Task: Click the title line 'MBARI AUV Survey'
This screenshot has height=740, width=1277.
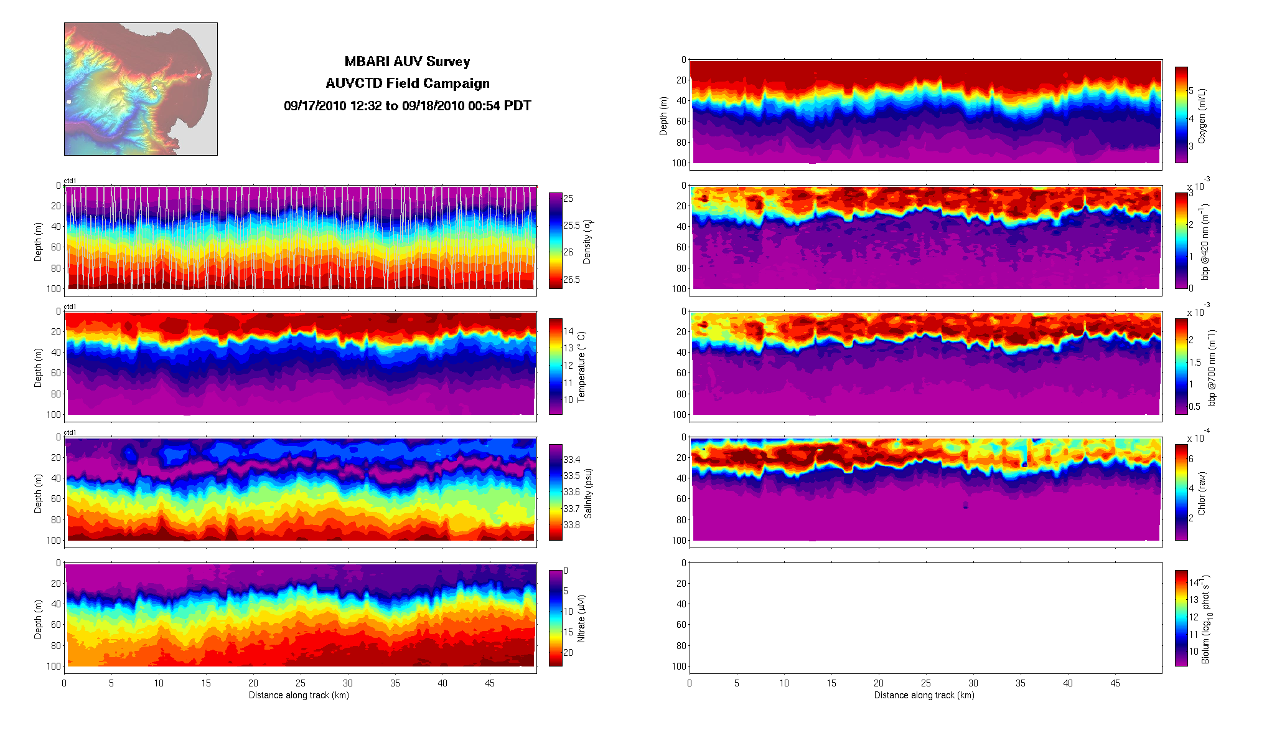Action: [407, 62]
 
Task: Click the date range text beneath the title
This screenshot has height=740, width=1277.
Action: [407, 106]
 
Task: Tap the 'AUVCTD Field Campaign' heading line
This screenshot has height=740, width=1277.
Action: [407, 83]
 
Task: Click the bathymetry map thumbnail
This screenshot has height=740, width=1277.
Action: [141, 89]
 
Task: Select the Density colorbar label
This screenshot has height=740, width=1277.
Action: [587, 241]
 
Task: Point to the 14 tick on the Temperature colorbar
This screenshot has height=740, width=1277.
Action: [568, 331]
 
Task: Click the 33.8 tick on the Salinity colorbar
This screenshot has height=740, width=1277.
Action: [571, 524]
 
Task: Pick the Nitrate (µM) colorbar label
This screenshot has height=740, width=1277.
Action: [581, 619]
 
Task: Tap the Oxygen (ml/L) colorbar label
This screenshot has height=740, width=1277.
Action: [1202, 116]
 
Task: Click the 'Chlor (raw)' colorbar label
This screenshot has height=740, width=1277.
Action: [1202, 493]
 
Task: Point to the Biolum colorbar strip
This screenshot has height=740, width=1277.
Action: [1181, 618]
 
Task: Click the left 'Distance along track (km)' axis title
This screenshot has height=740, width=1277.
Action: [299, 695]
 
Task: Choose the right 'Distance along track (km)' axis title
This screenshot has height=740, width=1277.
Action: [924, 695]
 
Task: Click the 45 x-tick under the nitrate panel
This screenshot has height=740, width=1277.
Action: [490, 683]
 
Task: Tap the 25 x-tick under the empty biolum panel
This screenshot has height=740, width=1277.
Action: [926, 683]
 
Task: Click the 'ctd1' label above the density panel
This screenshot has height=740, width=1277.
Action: [70, 181]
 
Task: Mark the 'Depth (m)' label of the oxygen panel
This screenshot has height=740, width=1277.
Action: [663, 116]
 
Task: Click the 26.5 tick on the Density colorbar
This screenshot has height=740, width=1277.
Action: [571, 279]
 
